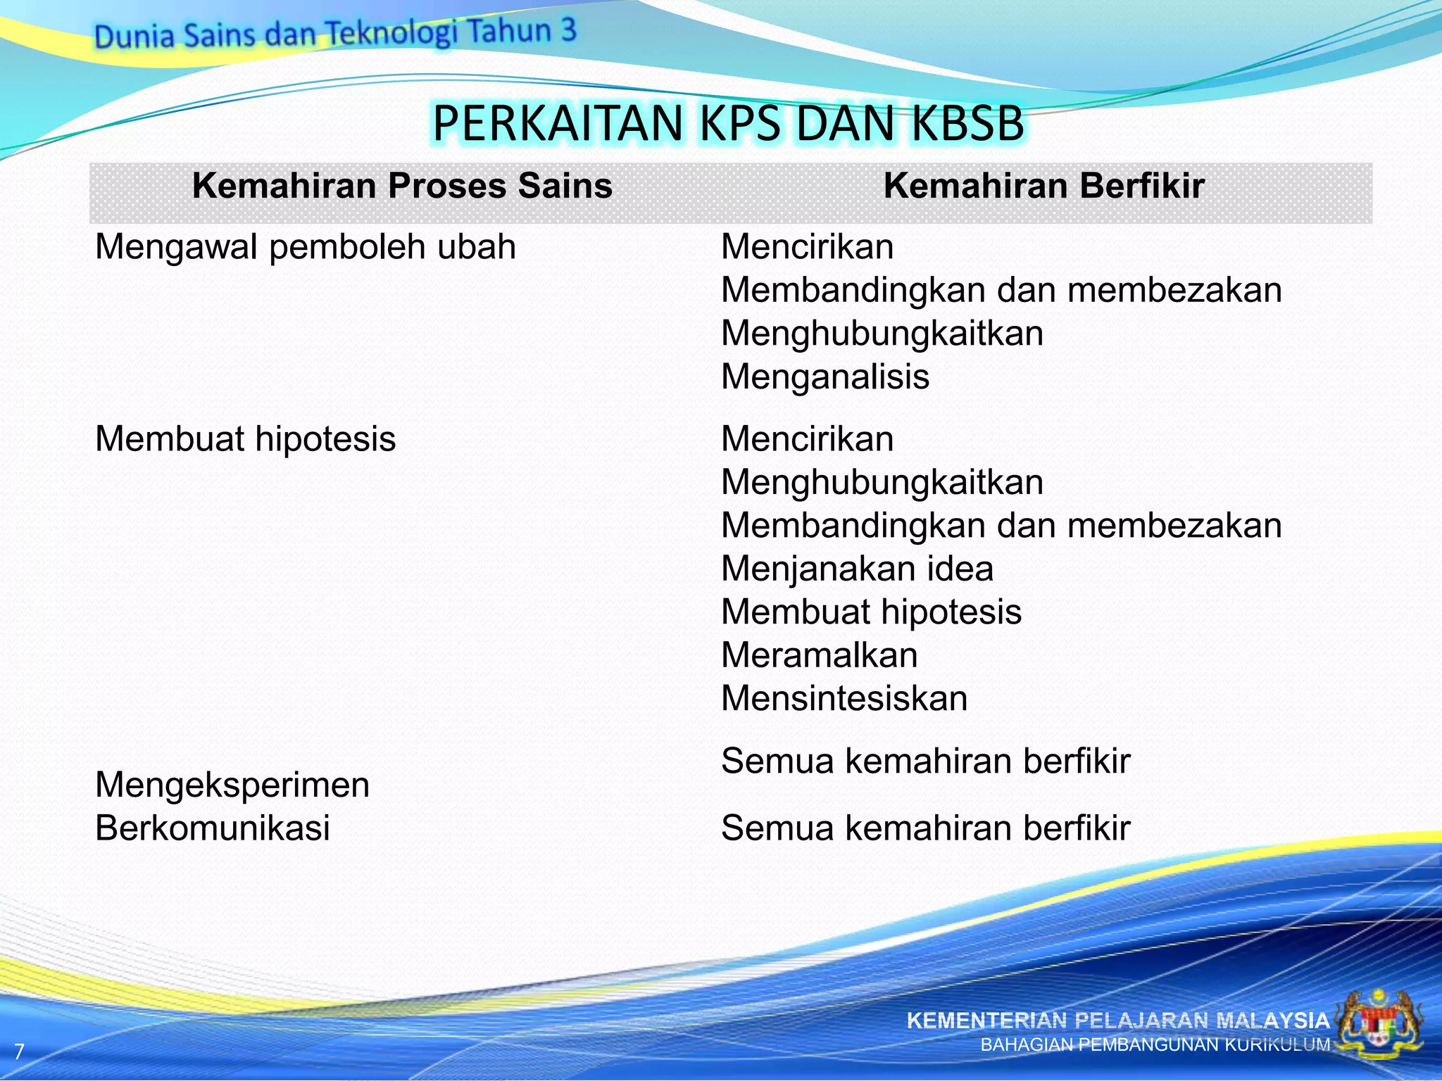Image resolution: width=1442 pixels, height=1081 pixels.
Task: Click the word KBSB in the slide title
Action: pos(967,123)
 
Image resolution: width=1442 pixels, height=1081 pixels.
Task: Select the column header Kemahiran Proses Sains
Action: pos(402,186)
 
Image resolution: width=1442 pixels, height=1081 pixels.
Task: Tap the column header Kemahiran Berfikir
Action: pos(1043,186)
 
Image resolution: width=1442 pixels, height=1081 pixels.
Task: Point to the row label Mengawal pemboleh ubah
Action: pos(306,247)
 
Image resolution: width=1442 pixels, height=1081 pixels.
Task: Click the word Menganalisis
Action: pos(825,377)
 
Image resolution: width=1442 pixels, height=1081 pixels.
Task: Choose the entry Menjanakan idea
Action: pos(857,569)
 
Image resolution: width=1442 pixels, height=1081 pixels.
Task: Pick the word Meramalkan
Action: pos(820,655)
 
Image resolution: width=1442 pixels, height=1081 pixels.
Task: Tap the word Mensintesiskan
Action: pos(844,699)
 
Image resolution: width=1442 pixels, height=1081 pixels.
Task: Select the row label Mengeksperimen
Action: pos(232,785)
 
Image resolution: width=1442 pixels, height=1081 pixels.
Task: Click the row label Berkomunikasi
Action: pos(213,828)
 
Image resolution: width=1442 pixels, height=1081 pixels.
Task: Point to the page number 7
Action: pos(19,1051)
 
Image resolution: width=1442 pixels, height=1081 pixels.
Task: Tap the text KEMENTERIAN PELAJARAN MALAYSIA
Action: pos(1117,1020)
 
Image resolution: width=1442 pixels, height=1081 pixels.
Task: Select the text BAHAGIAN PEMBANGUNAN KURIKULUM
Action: pos(1155,1045)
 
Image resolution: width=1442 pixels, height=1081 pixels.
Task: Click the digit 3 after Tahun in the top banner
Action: pos(568,30)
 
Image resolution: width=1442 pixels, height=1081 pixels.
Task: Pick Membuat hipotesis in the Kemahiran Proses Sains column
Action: pos(245,439)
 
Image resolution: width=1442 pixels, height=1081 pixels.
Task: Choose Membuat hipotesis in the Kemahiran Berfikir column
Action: pos(871,612)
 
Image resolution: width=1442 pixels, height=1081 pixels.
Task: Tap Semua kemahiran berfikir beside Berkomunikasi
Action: pos(925,828)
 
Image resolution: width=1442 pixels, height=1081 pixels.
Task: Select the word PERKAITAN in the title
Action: pos(558,123)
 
